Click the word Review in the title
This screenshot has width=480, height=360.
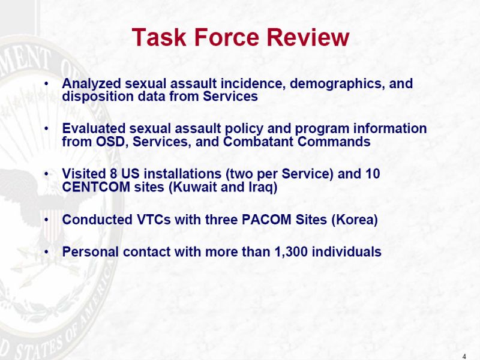[x=308, y=37]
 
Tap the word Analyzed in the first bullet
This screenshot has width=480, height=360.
[x=91, y=83]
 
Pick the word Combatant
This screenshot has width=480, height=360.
[x=259, y=142]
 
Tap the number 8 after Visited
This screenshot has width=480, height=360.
[x=113, y=173]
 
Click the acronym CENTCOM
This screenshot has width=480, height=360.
[x=96, y=187]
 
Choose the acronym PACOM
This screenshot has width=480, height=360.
[x=266, y=220]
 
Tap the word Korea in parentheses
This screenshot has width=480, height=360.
[x=355, y=220]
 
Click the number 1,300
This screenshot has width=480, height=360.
[x=291, y=252]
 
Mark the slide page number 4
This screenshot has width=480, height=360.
[x=464, y=356]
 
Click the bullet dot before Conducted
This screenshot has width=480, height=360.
[x=46, y=220]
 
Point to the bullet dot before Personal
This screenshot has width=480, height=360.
[x=46, y=252]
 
